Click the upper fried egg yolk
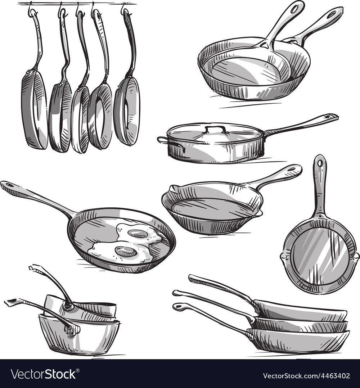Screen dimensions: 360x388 (x=138, y=233)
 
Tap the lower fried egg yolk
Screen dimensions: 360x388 (x=126, y=251)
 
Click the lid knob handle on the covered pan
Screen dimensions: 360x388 (x=215, y=129)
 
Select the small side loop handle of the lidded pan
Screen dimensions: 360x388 (x=162, y=140)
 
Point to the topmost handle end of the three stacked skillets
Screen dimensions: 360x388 (x=192, y=278)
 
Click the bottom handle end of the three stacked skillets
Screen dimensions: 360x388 (x=176, y=307)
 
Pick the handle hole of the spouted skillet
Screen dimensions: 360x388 (x=292, y=169)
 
